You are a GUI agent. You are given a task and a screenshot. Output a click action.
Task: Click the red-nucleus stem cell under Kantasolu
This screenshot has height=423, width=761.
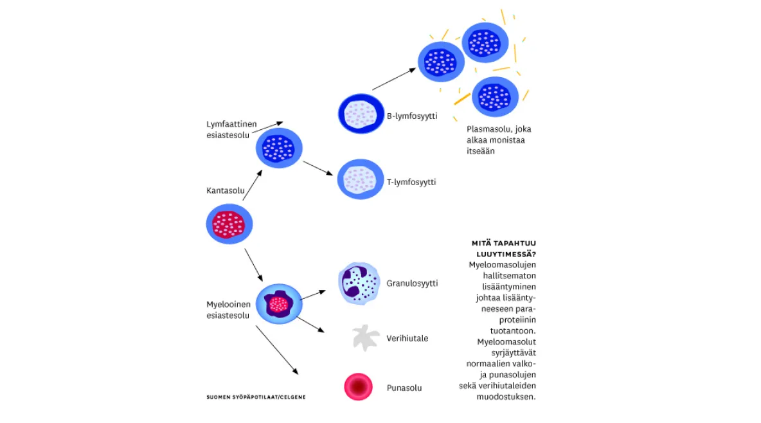click(x=229, y=224)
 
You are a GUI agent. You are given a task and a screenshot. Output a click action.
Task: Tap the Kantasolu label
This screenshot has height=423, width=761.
click(x=225, y=190)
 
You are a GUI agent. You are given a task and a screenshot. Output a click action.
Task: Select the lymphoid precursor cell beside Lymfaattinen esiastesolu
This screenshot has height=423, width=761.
click(x=279, y=148)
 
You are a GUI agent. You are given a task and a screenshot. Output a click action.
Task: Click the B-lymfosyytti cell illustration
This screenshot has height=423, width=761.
click(x=361, y=114)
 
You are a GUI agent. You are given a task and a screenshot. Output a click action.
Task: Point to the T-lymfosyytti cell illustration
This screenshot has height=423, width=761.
click(x=360, y=179)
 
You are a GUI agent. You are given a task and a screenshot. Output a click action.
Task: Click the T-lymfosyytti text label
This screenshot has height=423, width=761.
click(x=411, y=182)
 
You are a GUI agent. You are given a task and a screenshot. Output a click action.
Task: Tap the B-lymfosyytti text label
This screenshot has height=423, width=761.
click(x=412, y=116)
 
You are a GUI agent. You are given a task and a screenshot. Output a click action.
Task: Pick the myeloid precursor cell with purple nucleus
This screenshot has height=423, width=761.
click(x=279, y=304)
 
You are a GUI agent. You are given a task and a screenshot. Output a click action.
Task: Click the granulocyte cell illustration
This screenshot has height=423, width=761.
click(x=359, y=283)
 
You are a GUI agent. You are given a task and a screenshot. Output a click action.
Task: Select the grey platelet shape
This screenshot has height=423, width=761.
click(x=364, y=337)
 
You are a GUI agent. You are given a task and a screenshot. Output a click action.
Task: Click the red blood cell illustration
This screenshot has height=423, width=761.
click(x=358, y=386)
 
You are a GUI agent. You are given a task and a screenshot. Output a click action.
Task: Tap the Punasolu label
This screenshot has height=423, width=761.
click(x=404, y=388)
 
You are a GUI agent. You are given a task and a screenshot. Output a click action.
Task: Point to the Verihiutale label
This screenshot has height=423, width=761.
click(x=407, y=339)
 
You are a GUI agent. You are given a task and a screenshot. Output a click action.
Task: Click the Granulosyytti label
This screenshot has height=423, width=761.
click(x=412, y=283)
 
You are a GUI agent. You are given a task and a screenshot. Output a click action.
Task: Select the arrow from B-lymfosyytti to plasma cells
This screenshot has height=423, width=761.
click(x=394, y=79)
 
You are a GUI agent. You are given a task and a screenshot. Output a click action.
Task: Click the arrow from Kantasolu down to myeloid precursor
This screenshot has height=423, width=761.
click(x=253, y=265)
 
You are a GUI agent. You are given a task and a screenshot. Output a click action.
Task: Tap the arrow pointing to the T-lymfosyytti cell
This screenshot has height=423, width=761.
click(x=318, y=168)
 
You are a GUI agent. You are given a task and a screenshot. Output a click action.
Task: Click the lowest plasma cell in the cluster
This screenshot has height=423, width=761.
click(x=495, y=96)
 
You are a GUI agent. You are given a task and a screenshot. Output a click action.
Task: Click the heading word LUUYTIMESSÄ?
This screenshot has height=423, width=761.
click(x=506, y=254)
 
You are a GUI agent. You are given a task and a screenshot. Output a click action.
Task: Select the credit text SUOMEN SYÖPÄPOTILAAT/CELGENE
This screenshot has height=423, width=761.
click(x=256, y=397)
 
